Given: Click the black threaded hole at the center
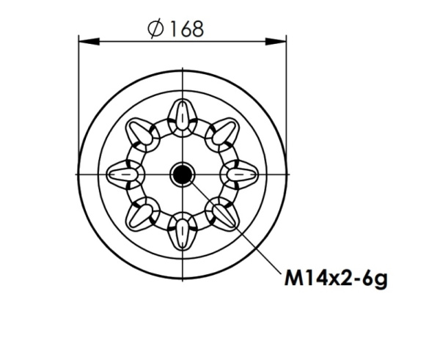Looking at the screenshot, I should pyautogui.click(x=181, y=174).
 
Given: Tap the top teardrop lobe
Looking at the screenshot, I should pyautogui.click(x=181, y=116).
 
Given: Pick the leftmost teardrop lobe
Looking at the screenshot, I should pyautogui.click(x=123, y=174).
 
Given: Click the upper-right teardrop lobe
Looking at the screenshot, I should pyautogui.click(x=222, y=133).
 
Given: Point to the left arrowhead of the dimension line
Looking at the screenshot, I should pyautogui.click(x=83, y=43).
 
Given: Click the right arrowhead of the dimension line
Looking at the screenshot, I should pyautogui.click(x=279, y=43).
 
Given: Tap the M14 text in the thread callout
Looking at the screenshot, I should pyautogui.click(x=299, y=279).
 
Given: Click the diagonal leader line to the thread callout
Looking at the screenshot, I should pyautogui.click(x=235, y=229).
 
